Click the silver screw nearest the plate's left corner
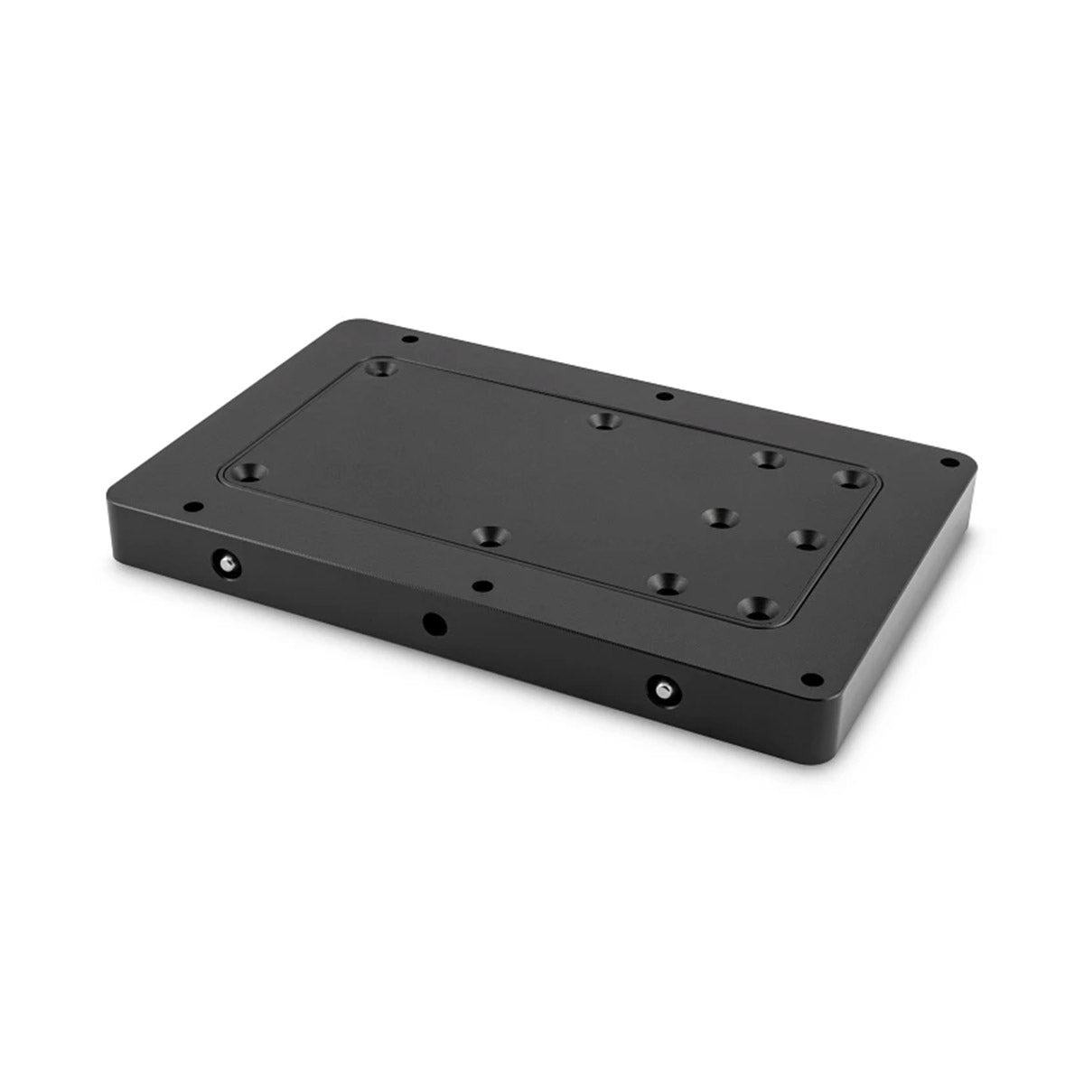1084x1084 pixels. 221,563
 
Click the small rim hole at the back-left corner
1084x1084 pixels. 410,340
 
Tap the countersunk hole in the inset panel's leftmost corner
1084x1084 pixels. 248,472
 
